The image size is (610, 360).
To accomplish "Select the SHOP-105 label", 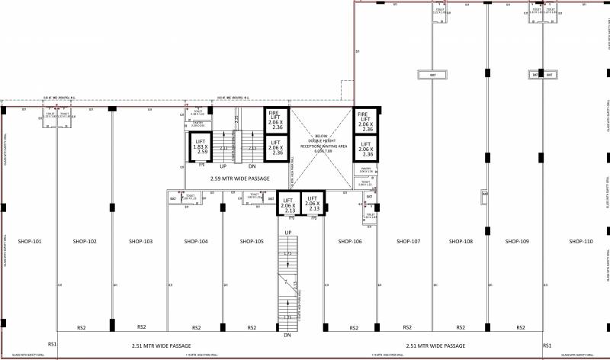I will tap(252, 242).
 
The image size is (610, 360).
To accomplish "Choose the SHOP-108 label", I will tap(461, 242).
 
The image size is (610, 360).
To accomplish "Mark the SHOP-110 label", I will tap(578, 242).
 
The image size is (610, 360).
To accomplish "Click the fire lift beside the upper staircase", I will tap(276, 120).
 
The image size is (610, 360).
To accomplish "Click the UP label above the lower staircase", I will tap(288, 232).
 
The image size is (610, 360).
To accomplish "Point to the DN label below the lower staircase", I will tap(287, 336).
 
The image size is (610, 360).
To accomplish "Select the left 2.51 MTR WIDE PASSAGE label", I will tap(156, 346).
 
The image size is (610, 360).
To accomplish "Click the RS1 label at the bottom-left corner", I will tap(53, 346).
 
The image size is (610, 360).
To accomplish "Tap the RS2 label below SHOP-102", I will tap(81, 327).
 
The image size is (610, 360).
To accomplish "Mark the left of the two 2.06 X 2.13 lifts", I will tap(287, 204).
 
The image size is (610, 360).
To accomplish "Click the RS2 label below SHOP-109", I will tap(520, 327).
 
